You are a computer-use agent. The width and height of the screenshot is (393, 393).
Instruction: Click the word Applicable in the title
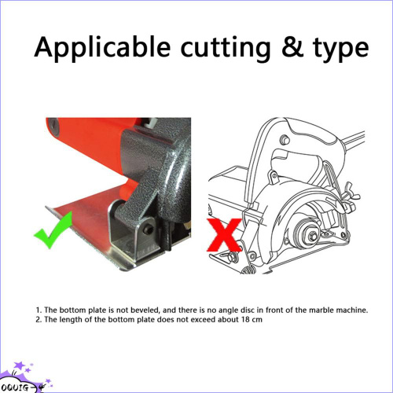tap(102, 47)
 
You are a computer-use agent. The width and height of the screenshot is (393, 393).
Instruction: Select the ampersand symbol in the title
tap(292, 47)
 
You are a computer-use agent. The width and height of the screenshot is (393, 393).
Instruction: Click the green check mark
tap(53, 230)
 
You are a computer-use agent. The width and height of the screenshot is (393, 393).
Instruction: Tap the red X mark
tap(224, 235)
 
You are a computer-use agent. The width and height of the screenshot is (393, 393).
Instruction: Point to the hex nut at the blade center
tap(314, 236)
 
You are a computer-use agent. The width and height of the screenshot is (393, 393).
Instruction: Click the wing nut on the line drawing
tap(351, 195)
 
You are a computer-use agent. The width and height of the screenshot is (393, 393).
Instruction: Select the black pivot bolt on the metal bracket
tap(149, 230)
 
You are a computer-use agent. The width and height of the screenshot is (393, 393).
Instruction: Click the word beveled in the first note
tap(145, 310)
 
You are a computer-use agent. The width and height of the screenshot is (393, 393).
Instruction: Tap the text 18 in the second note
tap(245, 320)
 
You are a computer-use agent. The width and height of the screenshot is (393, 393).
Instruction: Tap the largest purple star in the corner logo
tap(20, 365)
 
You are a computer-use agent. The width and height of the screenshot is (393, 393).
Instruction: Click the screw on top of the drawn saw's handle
tap(285, 140)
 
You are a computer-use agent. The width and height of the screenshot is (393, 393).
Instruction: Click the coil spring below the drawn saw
tap(248, 270)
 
